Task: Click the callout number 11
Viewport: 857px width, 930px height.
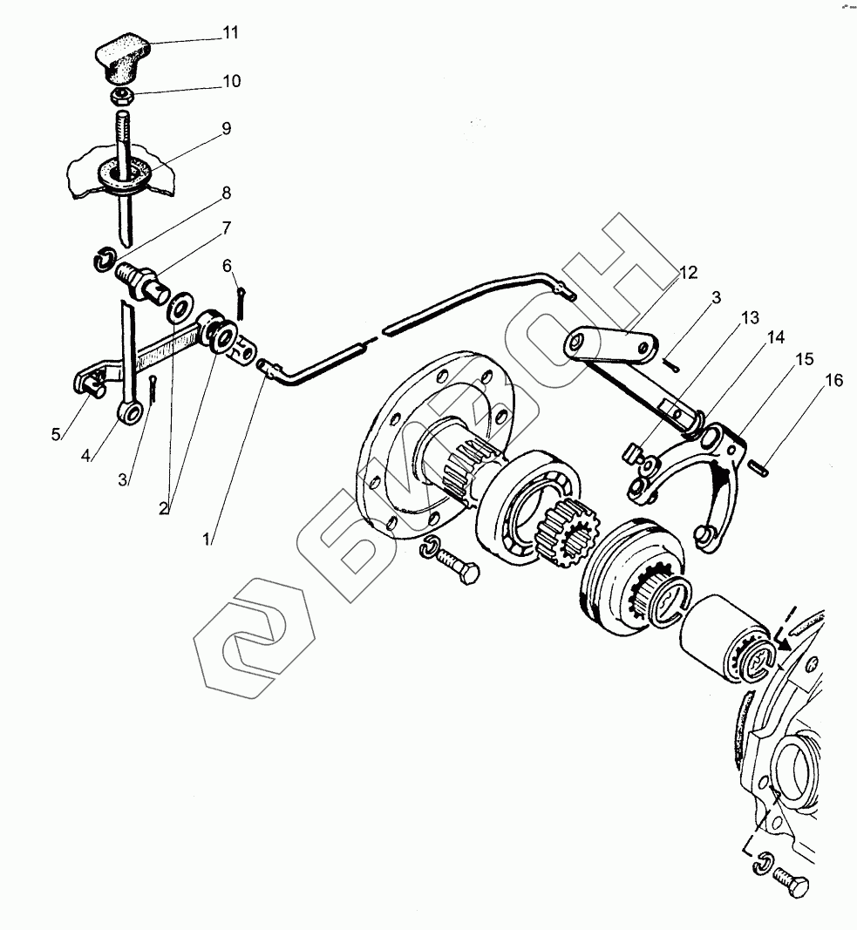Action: [231, 32]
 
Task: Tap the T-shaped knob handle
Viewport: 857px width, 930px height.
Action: [121, 58]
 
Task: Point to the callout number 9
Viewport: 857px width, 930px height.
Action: [226, 129]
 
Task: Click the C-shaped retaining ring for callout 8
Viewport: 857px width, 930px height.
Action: [104, 260]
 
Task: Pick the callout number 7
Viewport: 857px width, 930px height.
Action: [226, 227]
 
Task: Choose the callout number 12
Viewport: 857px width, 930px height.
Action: [689, 273]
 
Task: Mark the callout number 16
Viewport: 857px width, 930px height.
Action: [833, 380]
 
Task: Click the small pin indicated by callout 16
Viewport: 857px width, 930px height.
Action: [760, 468]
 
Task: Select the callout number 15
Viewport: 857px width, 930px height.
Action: [804, 359]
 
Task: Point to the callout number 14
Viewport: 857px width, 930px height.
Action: [776, 337]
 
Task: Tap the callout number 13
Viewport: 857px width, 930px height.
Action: [751, 318]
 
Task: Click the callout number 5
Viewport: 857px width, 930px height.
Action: [56, 435]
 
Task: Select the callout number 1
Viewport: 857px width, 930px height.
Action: [206, 540]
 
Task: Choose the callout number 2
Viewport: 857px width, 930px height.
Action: [164, 508]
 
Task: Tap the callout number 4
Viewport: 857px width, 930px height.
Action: [85, 456]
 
